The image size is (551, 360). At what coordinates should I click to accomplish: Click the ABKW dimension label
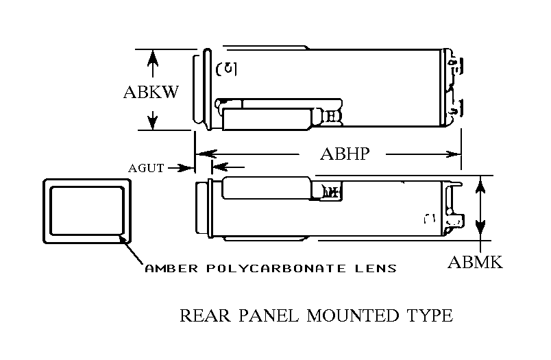[151, 92]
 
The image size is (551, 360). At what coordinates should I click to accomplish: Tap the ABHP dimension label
[345, 154]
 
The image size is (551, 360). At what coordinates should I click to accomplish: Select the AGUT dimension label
[146, 168]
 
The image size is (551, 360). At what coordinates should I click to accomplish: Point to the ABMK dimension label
[475, 262]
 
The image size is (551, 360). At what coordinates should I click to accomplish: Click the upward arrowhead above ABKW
[153, 56]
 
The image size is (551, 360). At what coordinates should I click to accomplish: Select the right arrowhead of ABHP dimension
[454, 154]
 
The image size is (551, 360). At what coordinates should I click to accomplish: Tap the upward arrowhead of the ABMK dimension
[482, 183]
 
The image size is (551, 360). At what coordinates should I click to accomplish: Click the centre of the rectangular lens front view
[87, 211]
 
